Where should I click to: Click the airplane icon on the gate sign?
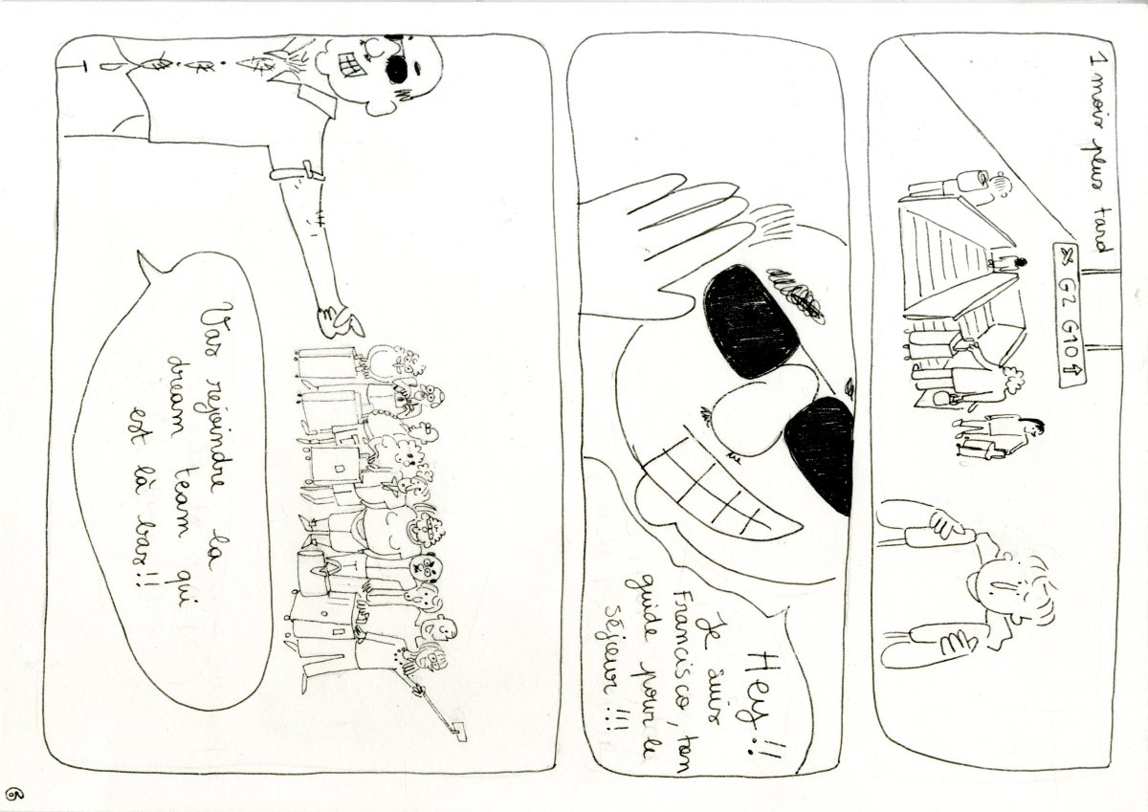tap(1065, 255)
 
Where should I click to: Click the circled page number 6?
tap(13, 794)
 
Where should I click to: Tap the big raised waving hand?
tap(660, 249)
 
